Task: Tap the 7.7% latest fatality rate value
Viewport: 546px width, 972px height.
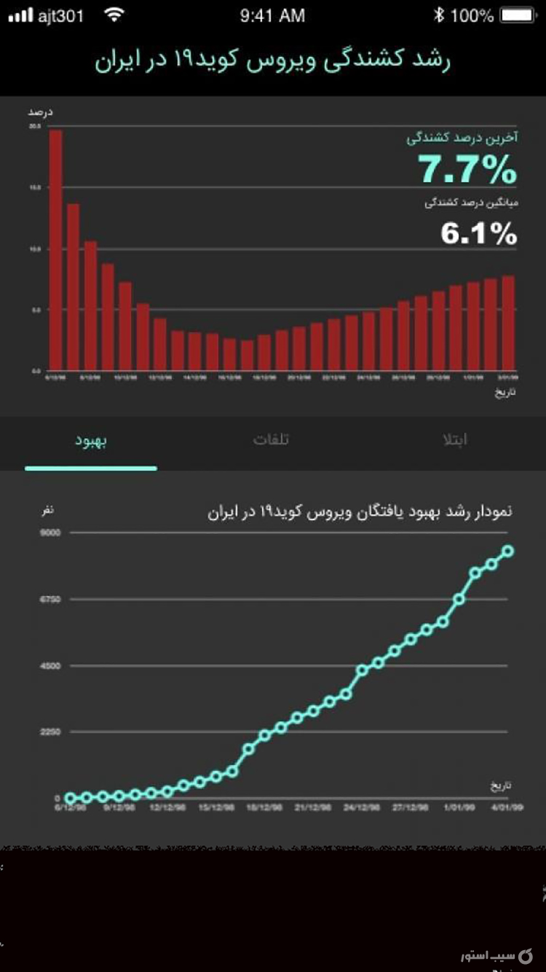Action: [x=467, y=171]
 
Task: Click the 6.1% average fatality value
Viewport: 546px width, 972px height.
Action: [x=478, y=234]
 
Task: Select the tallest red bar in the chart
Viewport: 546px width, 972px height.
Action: [x=55, y=249]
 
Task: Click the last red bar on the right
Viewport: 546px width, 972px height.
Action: [x=508, y=322]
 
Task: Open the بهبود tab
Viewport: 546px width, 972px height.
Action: [x=91, y=441]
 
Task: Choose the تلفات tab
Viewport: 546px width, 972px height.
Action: [x=271, y=440]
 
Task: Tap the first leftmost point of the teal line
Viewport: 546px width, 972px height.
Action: [x=71, y=798]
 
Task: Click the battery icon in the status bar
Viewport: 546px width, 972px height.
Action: [x=518, y=15]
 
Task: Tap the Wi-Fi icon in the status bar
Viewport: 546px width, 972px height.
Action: [x=114, y=15]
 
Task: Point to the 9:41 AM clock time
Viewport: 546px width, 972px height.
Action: [x=272, y=15]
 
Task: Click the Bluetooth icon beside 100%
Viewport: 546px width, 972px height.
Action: [x=438, y=15]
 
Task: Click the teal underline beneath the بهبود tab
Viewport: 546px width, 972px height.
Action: [x=91, y=468]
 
